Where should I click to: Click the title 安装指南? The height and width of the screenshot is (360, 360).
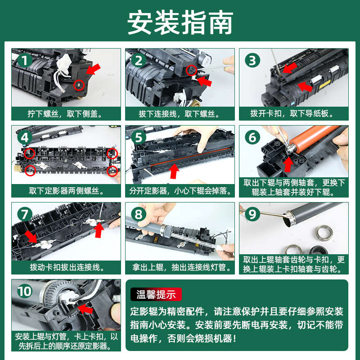pyautogui.click(x=180, y=23)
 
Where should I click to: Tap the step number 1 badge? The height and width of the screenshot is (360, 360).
pyautogui.click(x=25, y=60)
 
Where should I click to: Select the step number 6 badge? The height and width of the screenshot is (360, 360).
pyautogui.click(x=252, y=138)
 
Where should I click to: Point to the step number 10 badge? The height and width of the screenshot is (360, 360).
pyautogui.click(x=25, y=291)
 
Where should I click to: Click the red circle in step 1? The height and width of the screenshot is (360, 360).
pyautogui.click(x=79, y=85)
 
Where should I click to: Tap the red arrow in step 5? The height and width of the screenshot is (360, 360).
pyautogui.click(x=174, y=171)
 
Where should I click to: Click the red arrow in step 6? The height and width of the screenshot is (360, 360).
pyautogui.click(x=288, y=164)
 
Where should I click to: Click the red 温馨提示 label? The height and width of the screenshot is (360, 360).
pyautogui.click(x=156, y=294)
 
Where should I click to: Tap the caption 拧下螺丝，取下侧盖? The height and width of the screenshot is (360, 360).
pyautogui.click(x=65, y=114)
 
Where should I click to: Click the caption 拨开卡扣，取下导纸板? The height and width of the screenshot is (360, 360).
pyautogui.click(x=292, y=113)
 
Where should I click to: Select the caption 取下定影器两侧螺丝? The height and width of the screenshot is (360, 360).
pyautogui.click(x=67, y=190)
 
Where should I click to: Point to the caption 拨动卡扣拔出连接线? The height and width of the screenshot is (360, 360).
pyautogui.click(x=67, y=267)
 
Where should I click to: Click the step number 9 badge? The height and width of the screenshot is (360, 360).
pyautogui.click(x=252, y=215)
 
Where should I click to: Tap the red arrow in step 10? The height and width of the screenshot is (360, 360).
pyautogui.click(x=85, y=308)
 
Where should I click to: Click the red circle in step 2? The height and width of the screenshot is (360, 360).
pyautogui.click(x=191, y=70)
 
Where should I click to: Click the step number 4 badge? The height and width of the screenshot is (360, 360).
pyautogui.click(x=25, y=138)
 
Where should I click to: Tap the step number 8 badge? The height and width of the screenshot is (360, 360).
pyautogui.click(x=139, y=215)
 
